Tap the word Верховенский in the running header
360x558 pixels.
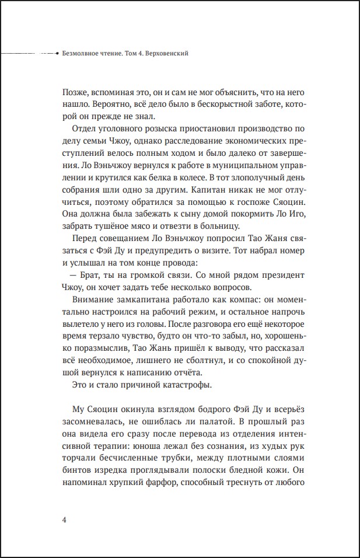[171, 54]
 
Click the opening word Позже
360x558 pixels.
[73, 93]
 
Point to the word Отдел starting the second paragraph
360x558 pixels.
[83, 129]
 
